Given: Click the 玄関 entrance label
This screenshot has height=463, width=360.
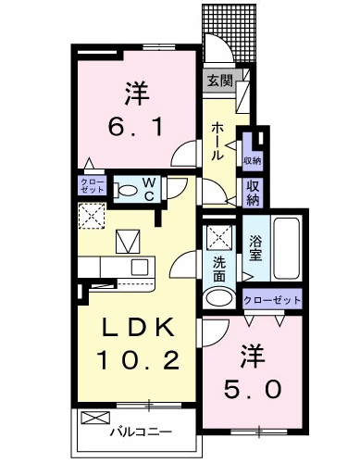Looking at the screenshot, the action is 219,81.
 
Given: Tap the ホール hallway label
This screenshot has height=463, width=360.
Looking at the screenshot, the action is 217,141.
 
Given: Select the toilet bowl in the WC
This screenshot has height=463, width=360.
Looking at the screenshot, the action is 127,190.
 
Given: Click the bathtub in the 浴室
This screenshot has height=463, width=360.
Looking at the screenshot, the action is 286,248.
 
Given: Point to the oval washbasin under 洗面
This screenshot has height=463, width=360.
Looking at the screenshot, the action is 219,298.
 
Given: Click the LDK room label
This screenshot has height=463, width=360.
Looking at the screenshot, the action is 138,327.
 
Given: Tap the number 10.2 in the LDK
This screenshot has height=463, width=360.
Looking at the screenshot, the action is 138,360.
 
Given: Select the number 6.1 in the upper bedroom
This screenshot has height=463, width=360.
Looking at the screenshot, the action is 135,127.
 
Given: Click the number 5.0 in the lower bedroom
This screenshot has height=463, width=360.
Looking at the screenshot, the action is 253,389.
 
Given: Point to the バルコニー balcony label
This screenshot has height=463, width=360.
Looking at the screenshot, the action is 141,432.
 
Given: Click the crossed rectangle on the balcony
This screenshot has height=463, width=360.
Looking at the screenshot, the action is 95,418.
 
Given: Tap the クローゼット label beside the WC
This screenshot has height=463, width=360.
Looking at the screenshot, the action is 92,185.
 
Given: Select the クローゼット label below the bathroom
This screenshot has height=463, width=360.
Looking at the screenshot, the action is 272,300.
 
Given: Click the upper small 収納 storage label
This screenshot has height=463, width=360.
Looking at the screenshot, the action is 253,161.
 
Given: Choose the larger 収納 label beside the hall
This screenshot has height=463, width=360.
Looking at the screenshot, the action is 253,193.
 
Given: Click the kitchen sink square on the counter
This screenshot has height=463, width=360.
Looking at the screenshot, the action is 140,268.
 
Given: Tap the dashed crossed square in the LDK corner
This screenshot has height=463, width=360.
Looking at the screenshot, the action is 92,216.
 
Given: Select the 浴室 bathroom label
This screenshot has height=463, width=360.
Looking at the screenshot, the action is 256,248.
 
